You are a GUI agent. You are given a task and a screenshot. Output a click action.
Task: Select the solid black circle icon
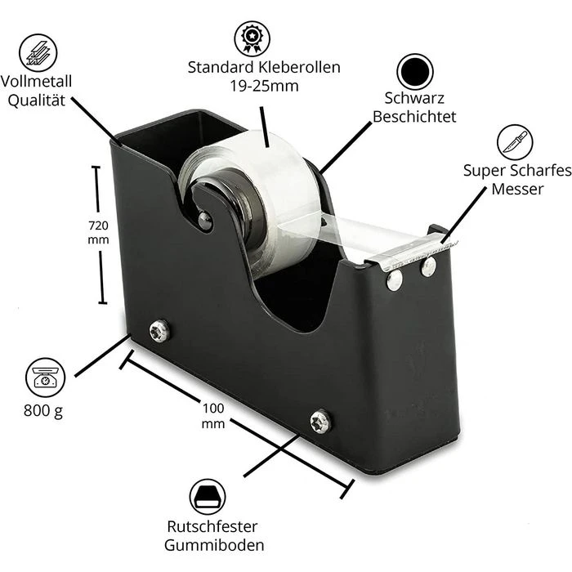[x=414, y=71]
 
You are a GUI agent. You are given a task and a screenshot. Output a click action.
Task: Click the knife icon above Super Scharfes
[x=514, y=142]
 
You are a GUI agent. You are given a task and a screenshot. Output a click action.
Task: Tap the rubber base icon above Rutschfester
[x=208, y=497]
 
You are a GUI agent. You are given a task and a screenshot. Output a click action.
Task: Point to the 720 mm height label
[x=98, y=232]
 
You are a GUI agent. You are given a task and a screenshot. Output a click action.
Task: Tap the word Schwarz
[x=414, y=99]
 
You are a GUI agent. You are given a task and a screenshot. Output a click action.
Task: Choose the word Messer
[x=517, y=189]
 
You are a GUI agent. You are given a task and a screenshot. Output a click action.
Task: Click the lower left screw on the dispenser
[x=159, y=331]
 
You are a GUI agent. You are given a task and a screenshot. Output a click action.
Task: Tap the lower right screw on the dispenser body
[x=320, y=422]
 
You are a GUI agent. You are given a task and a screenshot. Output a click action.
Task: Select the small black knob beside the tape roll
[x=204, y=220]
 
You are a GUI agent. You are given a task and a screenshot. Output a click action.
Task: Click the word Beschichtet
[x=414, y=117]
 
